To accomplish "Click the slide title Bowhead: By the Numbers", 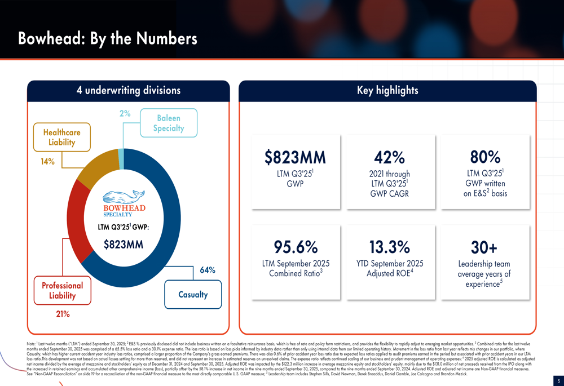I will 108,38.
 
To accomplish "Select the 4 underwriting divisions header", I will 129,91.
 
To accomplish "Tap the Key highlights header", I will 387,91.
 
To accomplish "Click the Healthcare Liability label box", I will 61,137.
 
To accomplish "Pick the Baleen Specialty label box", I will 169,123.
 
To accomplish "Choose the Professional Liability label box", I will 62,290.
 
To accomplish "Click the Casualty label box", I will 193,294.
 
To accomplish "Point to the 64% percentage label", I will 208,270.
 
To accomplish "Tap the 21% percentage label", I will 62,314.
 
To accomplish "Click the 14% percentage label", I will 47,162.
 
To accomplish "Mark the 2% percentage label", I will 125,113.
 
